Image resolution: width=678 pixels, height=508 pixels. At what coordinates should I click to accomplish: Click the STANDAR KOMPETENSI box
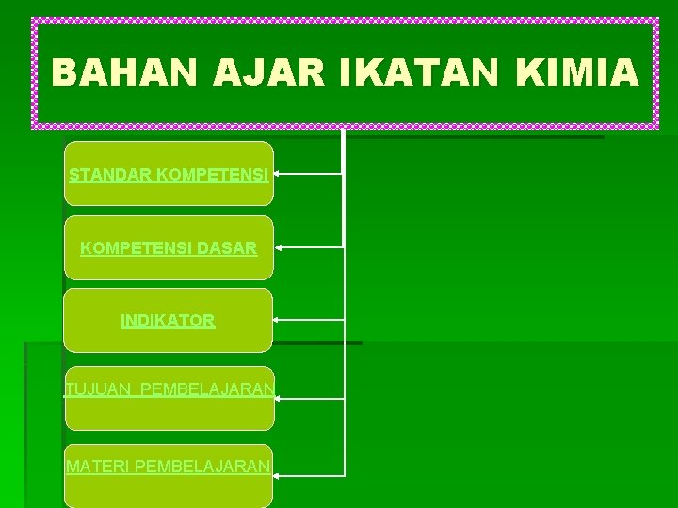click(169, 174)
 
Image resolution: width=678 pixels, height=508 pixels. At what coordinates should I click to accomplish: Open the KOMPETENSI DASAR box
click(169, 247)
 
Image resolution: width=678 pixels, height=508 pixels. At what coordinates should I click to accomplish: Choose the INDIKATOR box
click(168, 321)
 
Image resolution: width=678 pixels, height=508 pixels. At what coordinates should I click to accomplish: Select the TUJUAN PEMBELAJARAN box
click(169, 398)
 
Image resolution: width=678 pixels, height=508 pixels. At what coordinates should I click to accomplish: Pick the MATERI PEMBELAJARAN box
click(169, 476)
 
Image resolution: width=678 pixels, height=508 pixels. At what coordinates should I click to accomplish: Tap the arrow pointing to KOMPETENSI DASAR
click(309, 247)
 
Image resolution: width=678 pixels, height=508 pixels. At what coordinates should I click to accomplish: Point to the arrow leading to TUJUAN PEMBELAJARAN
click(311, 399)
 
